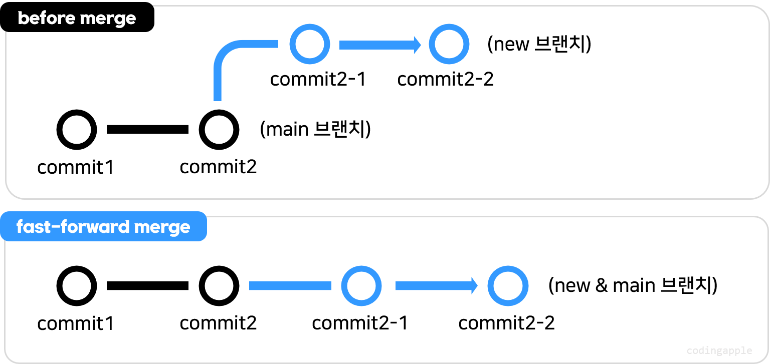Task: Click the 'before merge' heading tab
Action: [x=77, y=19]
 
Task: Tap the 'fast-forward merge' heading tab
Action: [x=103, y=227]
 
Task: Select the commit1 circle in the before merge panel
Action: [x=77, y=130]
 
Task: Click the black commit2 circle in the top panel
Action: [x=219, y=130]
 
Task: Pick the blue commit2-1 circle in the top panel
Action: [x=310, y=45]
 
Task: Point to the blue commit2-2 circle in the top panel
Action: [x=449, y=45]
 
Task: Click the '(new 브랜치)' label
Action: [x=539, y=45]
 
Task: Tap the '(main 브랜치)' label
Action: [x=315, y=129]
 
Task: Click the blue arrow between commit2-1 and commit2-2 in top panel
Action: [x=379, y=45]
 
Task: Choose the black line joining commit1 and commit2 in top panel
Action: [x=147, y=130]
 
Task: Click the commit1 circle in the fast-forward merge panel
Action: [x=77, y=286]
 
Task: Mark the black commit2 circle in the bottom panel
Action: [x=219, y=286]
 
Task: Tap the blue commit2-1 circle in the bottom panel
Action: [x=361, y=286]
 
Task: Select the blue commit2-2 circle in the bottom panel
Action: [x=508, y=286]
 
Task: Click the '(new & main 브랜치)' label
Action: [x=633, y=285]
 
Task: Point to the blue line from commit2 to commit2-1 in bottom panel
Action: [x=290, y=286]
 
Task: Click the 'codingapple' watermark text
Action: [x=719, y=350]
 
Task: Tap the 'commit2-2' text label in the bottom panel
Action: [x=506, y=323]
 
